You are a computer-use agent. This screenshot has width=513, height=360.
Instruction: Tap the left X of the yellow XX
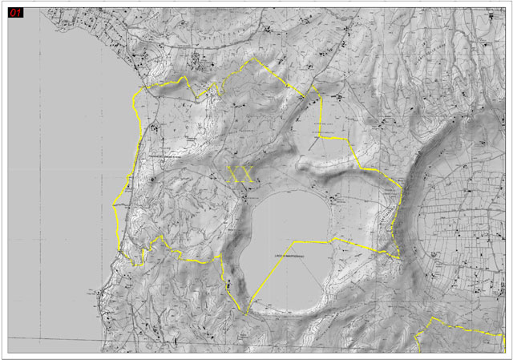[235, 175]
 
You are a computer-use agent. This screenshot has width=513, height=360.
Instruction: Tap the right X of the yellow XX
[247, 175]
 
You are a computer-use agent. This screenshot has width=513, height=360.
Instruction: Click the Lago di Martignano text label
[291, 256]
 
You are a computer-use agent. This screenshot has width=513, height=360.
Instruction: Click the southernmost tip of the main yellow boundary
[246, 312]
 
